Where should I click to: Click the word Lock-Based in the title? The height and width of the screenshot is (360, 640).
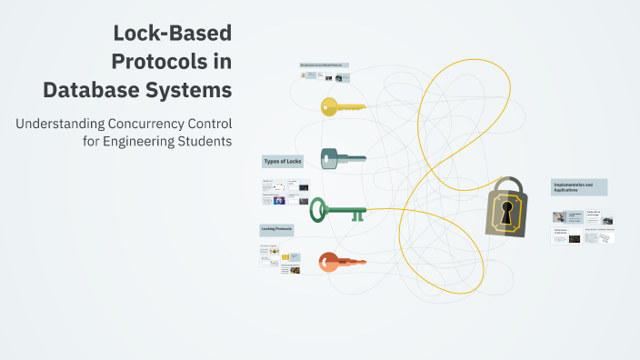coord(173,35)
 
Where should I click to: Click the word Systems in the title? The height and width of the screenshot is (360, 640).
coord(198,90)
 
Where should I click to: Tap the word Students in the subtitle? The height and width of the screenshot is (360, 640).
coord(208,141)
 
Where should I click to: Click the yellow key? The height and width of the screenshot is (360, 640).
coord(342,106)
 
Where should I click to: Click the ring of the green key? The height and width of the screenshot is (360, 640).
coord(318,210)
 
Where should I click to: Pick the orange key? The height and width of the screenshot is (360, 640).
coord(341,263)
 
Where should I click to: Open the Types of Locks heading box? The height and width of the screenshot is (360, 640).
coord(282,161)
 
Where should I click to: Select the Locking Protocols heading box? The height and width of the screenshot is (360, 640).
coord(276,229)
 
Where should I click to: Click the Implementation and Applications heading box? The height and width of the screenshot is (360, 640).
coord(579,187)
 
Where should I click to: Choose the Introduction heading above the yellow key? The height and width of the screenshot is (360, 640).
coord(325,65)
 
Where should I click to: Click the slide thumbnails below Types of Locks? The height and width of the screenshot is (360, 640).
coord(285,193)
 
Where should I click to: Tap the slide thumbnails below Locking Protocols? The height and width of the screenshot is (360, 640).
coord(279,258)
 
